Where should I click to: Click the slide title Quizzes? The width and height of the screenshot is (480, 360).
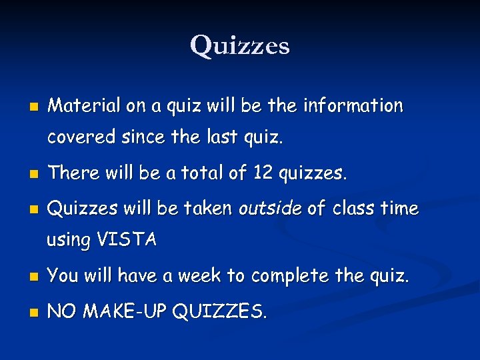240,45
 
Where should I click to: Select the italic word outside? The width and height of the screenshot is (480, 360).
270,209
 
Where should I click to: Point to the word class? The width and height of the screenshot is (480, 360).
355,209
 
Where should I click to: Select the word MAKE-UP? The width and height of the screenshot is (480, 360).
124,311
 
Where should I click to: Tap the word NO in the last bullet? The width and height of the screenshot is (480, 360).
61,311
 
